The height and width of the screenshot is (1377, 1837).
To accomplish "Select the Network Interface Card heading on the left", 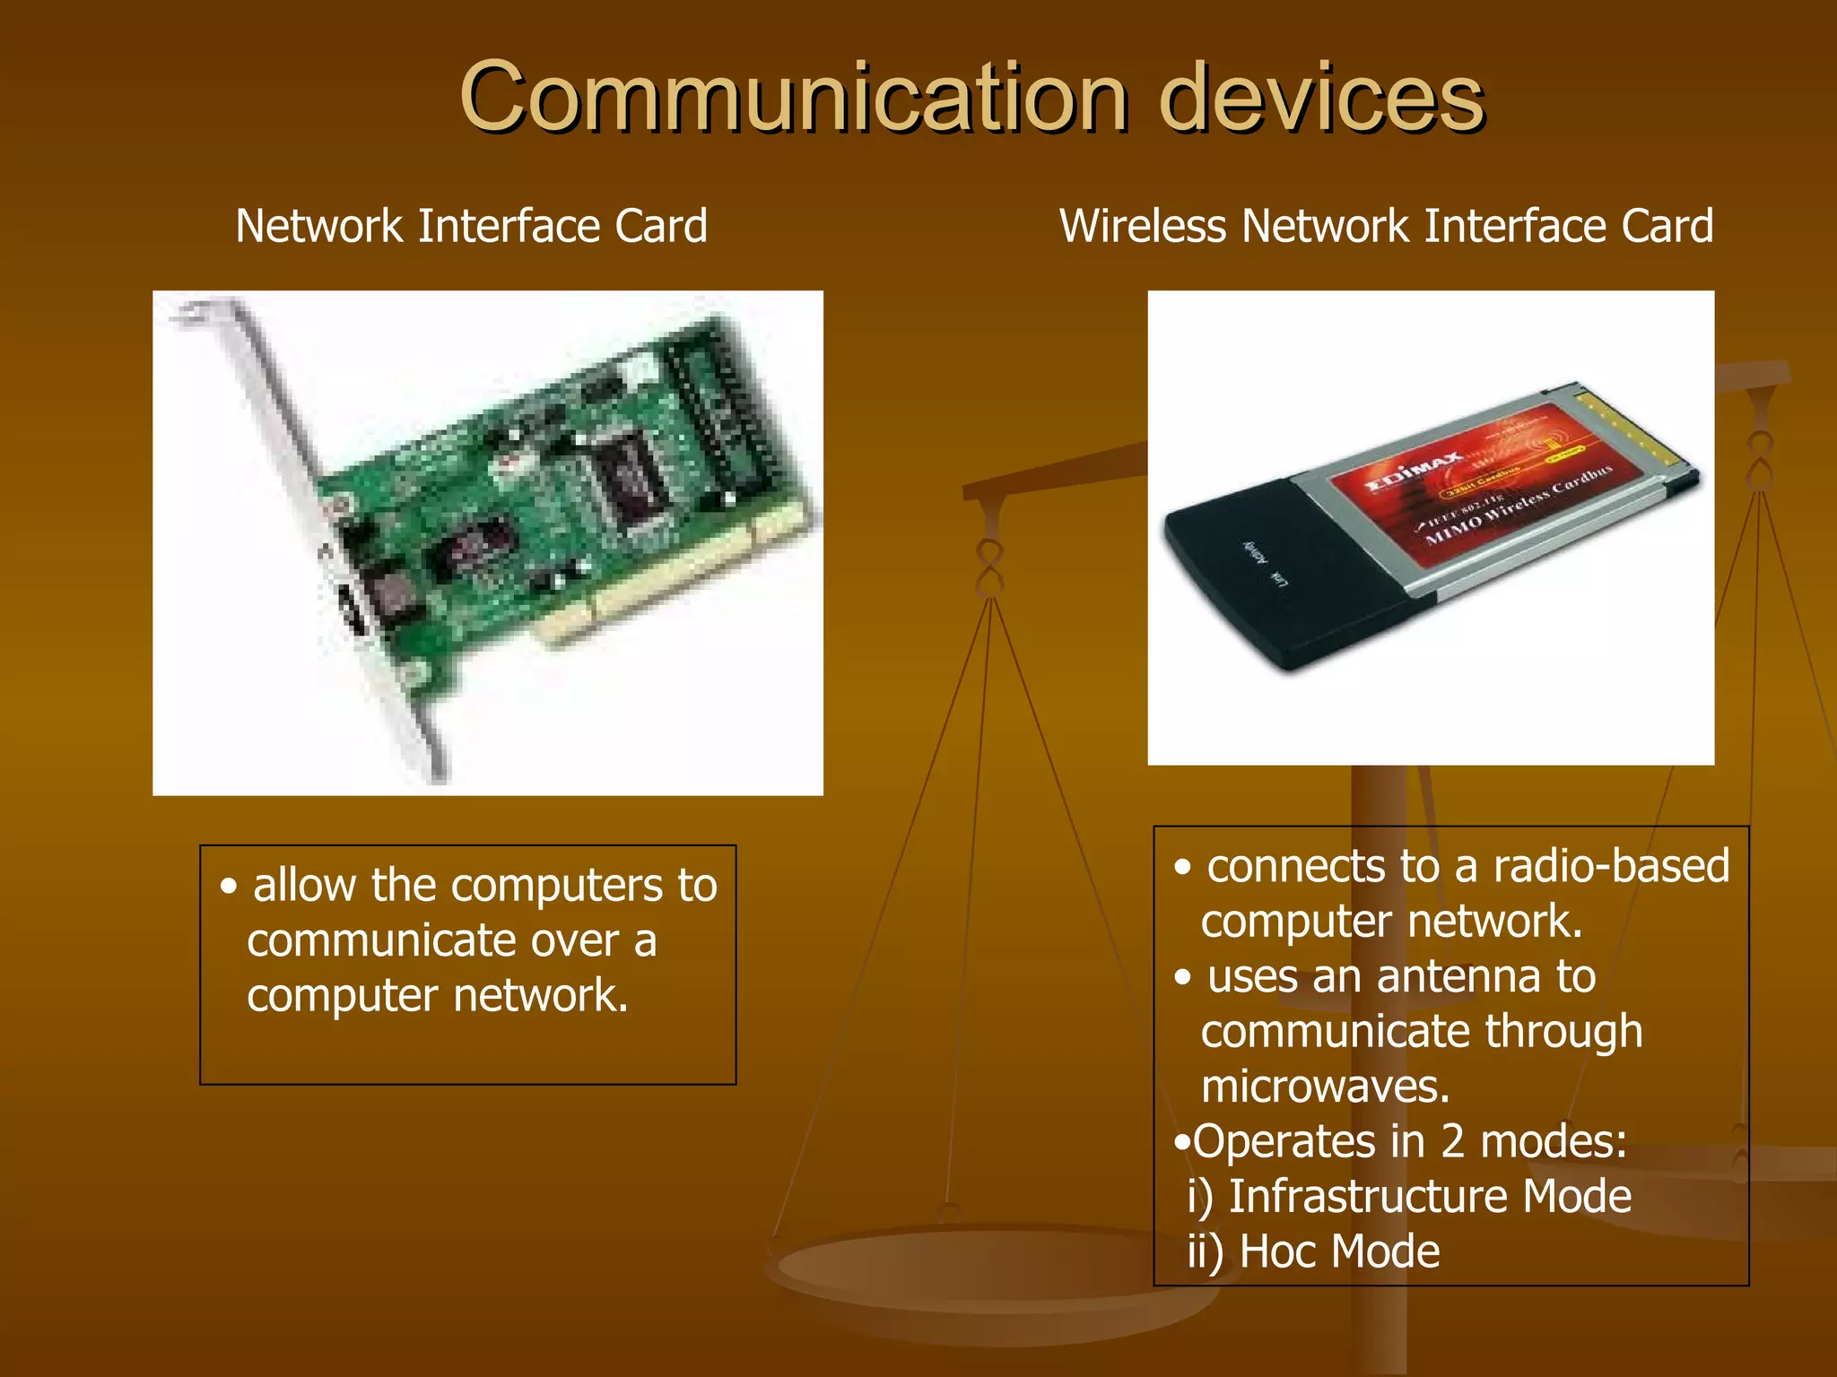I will (x=471, y=226).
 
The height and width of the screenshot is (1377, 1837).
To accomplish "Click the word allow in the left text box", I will (x=305, y=886).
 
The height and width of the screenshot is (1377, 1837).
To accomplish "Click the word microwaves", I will (x=1326, y=1087).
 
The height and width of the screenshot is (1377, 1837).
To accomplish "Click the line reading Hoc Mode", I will (x=1314, y=1252).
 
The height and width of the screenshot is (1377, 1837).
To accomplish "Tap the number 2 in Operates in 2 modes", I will (x=1453, y=1142).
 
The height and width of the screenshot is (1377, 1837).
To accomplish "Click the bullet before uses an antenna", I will (x=1184, y=978).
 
